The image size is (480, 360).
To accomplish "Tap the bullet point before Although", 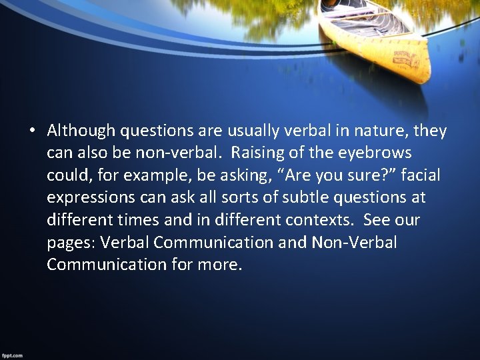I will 31,130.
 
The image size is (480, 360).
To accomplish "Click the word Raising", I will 257,152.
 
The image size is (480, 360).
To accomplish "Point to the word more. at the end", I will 220,265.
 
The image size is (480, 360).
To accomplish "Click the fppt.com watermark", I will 11,355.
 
